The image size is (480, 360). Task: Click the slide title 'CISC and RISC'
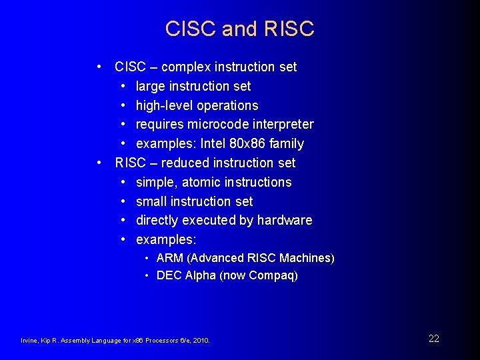coord(239,29)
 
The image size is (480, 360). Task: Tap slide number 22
coord(434,339)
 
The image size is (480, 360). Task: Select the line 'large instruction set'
coord(193,86)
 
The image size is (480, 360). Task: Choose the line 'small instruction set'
coord(194,201)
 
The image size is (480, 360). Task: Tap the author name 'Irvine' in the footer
coord(29,341)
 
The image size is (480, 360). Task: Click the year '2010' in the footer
coord(200,341)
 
